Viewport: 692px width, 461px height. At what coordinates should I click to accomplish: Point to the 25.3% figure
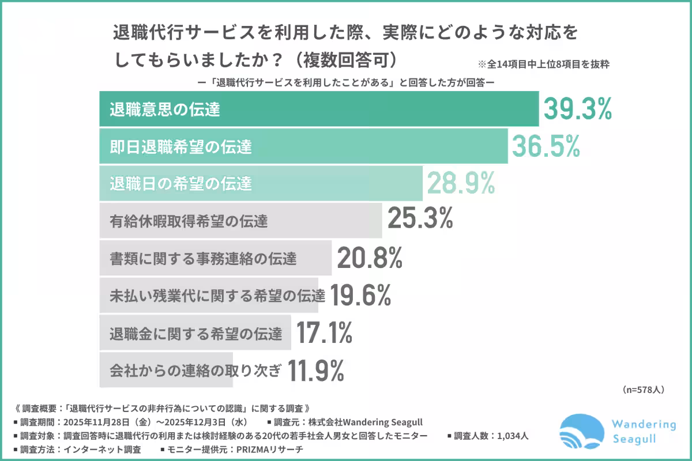pos(420,220)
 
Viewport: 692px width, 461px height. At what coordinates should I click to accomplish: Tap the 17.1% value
pos(324,332)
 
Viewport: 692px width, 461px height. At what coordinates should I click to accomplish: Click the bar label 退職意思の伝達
pos(165,109)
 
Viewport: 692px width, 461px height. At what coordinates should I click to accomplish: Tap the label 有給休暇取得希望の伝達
pos(189,221)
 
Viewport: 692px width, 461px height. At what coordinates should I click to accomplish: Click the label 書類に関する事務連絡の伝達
pos(203,258)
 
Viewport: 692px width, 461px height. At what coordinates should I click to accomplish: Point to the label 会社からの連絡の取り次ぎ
pos(195,370)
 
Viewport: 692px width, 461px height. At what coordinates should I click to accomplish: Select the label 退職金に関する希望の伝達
pos(195,333)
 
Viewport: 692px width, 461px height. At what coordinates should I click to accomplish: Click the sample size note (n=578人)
pos(644,390)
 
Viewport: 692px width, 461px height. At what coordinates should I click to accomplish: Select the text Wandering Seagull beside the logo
pos(644,431)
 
